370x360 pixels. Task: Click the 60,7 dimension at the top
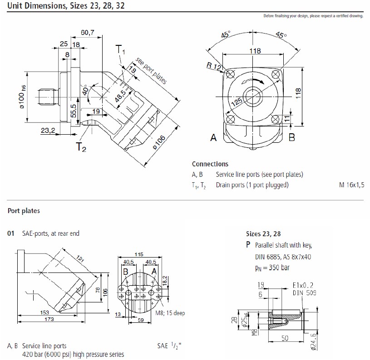tap(87, 33)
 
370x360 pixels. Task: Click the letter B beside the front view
tap(292, 136)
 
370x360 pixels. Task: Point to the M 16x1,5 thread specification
tap(351, 185)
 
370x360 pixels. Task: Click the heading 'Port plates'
tap(24, 211)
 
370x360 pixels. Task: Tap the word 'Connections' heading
tap(210, 164)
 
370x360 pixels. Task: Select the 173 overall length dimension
tap(49, 320)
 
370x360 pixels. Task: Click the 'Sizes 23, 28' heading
tap(263, 234)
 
